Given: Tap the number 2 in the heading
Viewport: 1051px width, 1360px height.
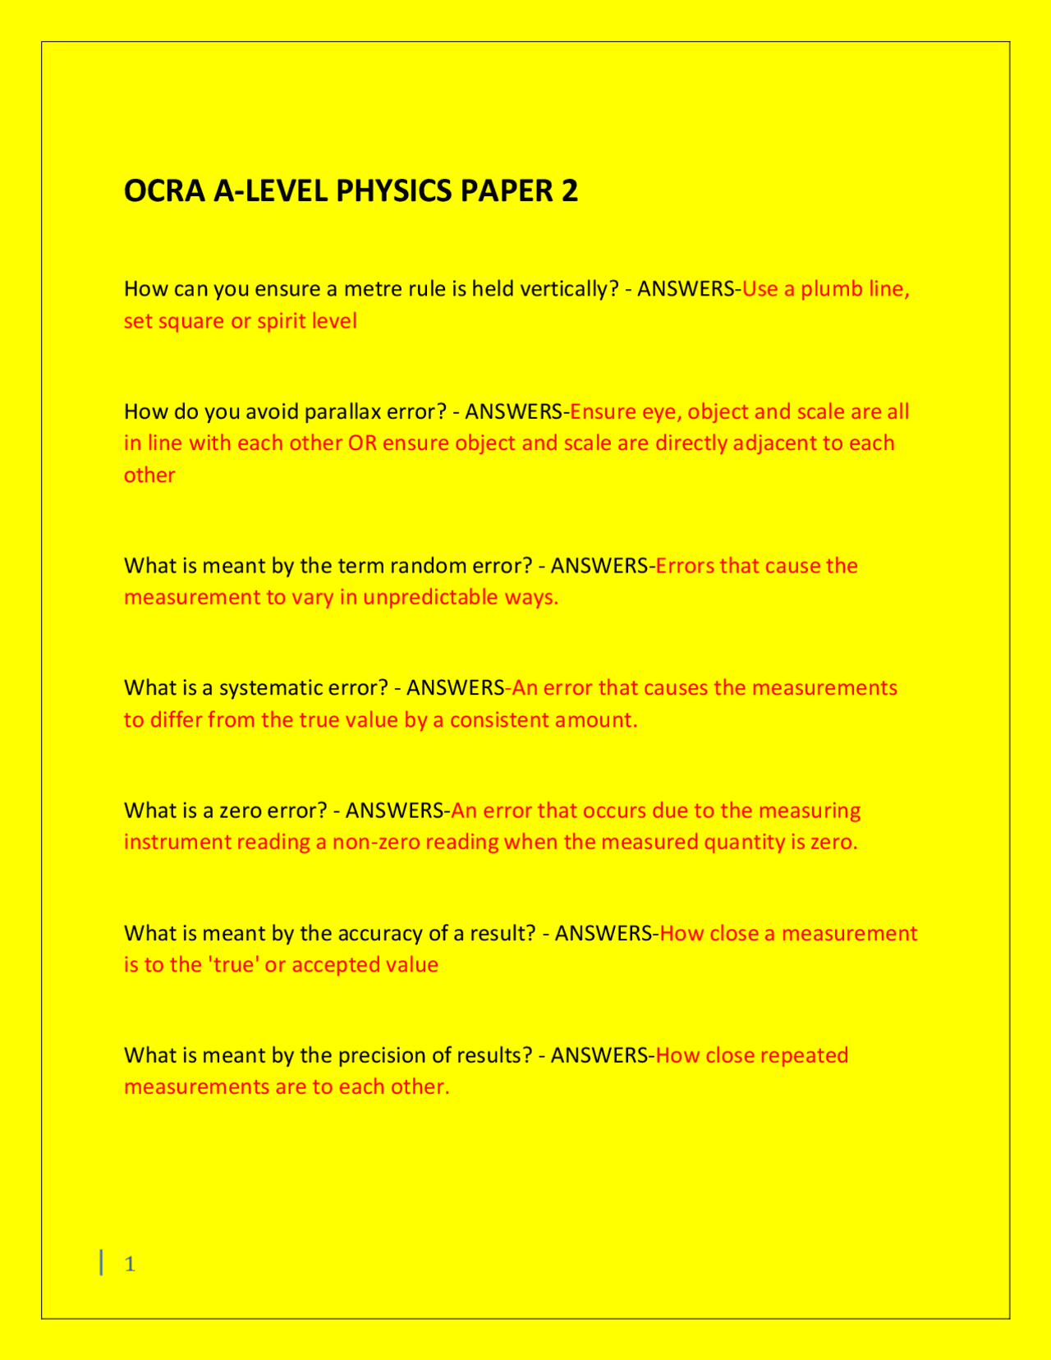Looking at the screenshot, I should tap(569, 191).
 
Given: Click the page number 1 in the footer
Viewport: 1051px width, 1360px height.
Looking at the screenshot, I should tap(130, 1264).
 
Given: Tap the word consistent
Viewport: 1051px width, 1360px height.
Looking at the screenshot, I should tap(499, 720).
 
